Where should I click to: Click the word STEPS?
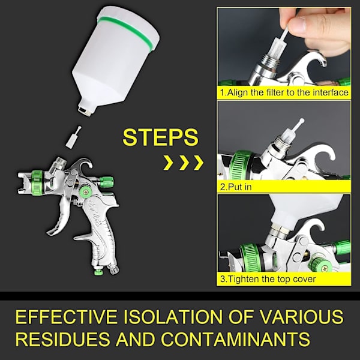point(160,137)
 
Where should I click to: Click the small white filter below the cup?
point(73,136)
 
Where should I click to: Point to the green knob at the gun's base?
point(98,272)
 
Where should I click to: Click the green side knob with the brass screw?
point(85,190)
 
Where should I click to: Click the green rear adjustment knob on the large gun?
point(106,181)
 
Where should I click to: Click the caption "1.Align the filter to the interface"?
point(284,92)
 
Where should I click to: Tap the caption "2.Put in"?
point(236,187)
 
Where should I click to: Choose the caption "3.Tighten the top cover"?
point(268,279)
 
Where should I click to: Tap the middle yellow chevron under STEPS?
point(184,163)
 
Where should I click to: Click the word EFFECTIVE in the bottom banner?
point(66,317)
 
